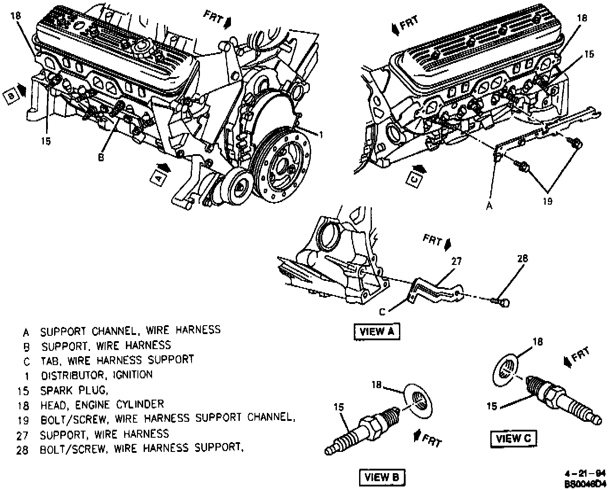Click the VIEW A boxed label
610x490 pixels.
(x=376, y=332)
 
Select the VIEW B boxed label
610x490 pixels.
(x=382, y=477)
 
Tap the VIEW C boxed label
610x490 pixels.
(x=513, y=438)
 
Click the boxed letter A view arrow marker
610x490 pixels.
(x=157, y=177)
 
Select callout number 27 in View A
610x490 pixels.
(x=457, y=261)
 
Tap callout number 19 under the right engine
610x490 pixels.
(x=547, y=201)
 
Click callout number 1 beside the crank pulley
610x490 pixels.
(x=321, y=134)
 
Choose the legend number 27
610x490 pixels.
(x=23, y=435)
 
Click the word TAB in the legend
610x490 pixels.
(x=48, y=360)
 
